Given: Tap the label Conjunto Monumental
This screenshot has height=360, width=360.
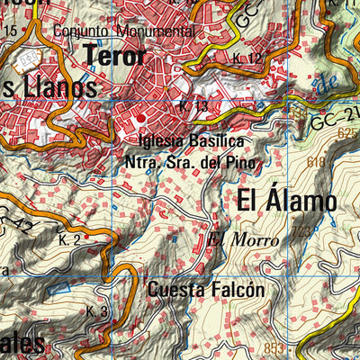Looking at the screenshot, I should pyautogui.click(x=123, y=31).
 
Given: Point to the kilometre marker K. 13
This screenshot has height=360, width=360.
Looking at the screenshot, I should pyautogui.click(x=192, y=105).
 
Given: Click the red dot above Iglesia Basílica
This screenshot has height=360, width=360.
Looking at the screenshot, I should pyautogui.click(x=140, y=118).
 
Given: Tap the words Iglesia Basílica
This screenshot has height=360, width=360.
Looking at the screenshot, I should pyautogui.click(x=191, y=142).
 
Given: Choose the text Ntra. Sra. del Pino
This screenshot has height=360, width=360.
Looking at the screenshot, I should pyautogui.click(x=190, y=163).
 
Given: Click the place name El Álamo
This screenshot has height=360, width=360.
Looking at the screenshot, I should pyautogui.click(x=287, y=200).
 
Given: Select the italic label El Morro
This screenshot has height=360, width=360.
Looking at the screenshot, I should pyautogui.click(x=242, y=239).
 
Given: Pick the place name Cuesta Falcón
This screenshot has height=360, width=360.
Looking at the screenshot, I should pyautogui.click(x=205, y=290).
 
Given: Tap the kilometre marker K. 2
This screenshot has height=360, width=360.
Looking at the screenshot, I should pyautogui.click(x=70, y=241).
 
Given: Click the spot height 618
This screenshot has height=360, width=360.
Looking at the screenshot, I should pyautogui.click(x=315, y=163).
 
